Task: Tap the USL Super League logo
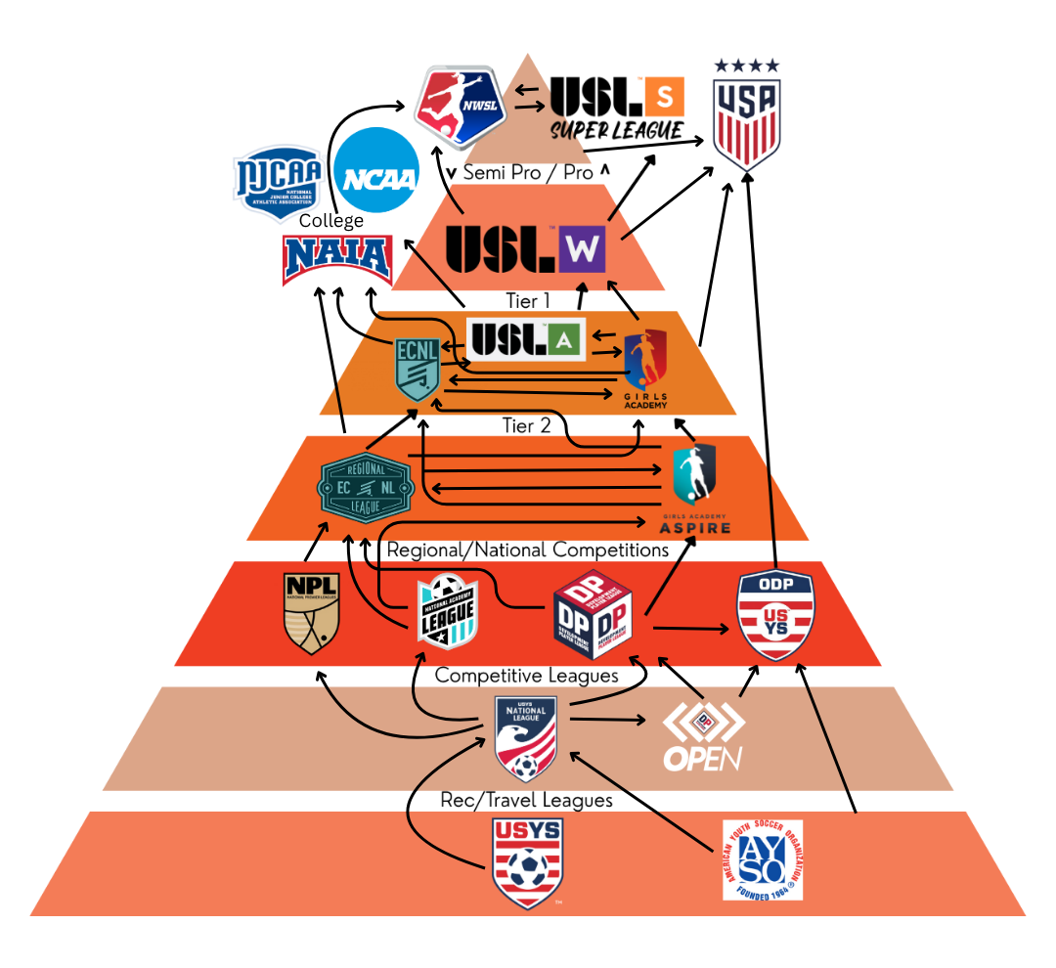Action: click(x=616, y=108)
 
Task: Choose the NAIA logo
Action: click(x=337, y=258)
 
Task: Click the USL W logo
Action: click(x=526, y=248)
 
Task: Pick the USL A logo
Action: click(x=526, y=339)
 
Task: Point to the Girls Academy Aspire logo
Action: click(x=694, y=490)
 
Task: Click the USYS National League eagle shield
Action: click(x=526, y=736)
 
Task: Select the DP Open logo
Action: click(x=704, y=736)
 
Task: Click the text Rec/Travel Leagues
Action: click(x=526, y=800)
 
